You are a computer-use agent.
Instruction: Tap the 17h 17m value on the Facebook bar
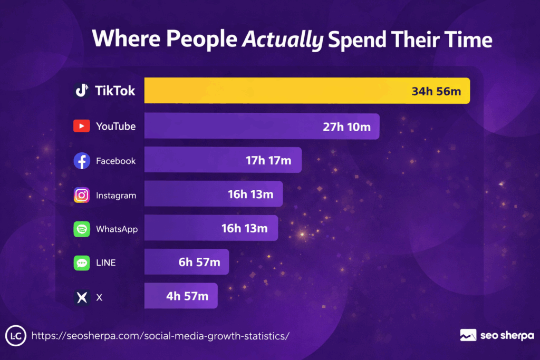coord(268,160)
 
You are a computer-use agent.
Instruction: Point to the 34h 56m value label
coord(436,91)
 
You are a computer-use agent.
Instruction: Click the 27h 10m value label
coord(347,127)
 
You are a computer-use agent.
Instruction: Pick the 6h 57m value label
coord(199,262)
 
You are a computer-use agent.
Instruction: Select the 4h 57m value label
coord(187,296)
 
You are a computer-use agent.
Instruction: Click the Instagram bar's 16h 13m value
coord(250,194)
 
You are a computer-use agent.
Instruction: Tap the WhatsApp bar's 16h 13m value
coord(245,228)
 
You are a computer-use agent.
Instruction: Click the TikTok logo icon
coord(82,91)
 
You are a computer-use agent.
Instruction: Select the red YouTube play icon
coord(82,127)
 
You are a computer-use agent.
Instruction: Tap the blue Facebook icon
coord(82,161)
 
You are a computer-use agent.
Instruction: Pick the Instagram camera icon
coord(82,195)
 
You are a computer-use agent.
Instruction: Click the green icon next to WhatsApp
coord(82,229)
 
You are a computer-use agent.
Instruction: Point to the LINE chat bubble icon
coord(82,263)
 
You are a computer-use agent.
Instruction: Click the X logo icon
coord(82,297)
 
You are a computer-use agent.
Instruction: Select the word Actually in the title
coord(282,40)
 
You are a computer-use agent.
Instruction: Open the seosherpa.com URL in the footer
coord(160,336)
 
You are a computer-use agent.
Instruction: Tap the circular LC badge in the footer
coord(15,336)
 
